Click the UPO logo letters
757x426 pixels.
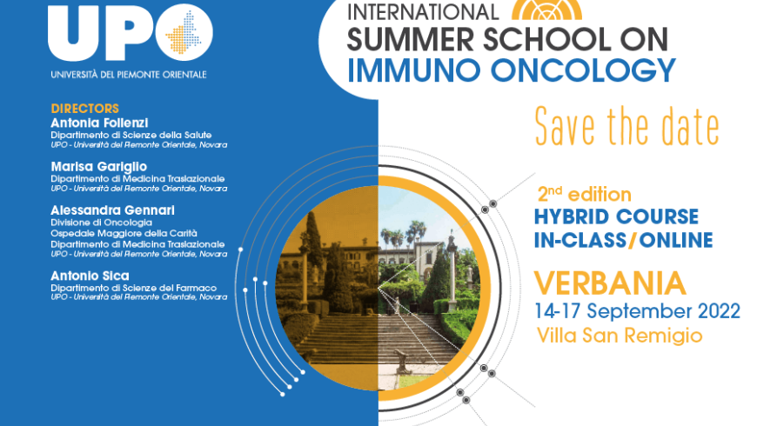click(x=131, y=32)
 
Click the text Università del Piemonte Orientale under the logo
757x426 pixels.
click(x=129, y=75)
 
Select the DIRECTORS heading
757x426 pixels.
click(x=85, y=109)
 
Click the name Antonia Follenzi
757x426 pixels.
click(x=99, y=123)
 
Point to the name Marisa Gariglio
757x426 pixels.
click(x=99, y=167)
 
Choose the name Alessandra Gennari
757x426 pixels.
click(x=112, y=210)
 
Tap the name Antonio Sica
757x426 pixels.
click(x=90, y=276)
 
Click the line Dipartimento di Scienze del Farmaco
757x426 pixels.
click(x=134, y=288)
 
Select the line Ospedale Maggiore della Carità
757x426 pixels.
click(x=124, y=234)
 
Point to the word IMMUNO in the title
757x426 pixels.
click(x=414, y=70)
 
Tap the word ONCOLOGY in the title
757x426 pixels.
click(x=583, y=70)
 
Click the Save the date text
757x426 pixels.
click(x=627, y=126)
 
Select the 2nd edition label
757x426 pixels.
click(x=585, y=195)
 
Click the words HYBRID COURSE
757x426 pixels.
click(x=616, y=217)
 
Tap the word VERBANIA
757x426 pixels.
click(x=610, y=283)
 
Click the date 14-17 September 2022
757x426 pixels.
click(x=637, y=311)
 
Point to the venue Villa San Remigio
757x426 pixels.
click(x=620, y=336)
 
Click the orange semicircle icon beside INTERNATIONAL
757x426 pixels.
click(x=546, y=10)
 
